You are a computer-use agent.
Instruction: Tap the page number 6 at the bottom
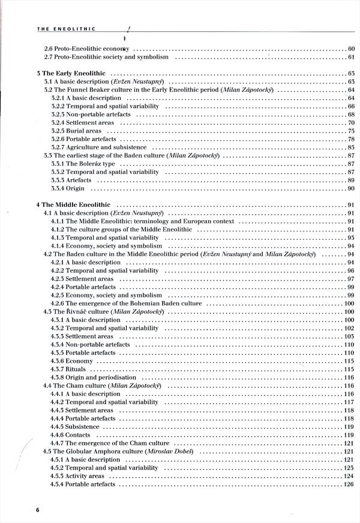pos(37,510)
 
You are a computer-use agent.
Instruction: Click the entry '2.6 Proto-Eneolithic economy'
pos(87,49)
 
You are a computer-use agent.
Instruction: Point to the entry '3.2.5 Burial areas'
pos(76,131)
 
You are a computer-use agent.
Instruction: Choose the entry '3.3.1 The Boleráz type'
pos(79,164)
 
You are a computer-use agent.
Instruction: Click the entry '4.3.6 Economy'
pos(71,361)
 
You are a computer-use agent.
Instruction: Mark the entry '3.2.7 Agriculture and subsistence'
pos(98,147)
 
